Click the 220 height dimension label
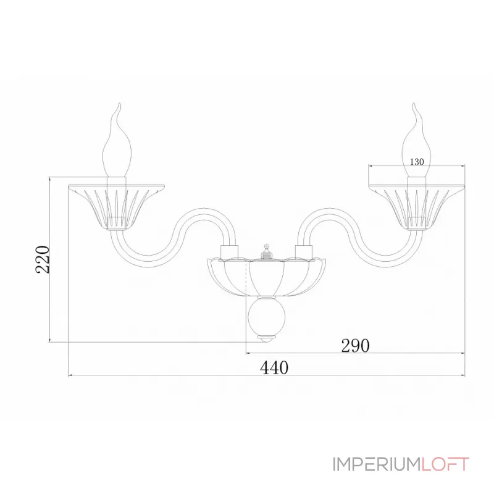[43, 259]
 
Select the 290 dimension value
[355, 346]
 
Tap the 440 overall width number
[274, 367]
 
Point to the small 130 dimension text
[417, 162]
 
